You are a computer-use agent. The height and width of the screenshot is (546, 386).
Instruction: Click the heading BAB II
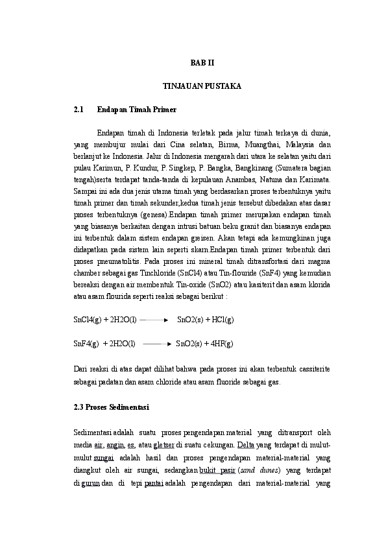click(201, 62)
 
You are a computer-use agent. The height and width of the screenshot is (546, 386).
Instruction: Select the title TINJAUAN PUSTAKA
click(201, 86)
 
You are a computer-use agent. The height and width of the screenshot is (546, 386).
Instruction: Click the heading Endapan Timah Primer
click(136, 110)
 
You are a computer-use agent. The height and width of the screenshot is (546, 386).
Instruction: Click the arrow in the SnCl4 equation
click(154, 320)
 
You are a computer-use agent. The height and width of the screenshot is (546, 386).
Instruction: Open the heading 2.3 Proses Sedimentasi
click(112, 407)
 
